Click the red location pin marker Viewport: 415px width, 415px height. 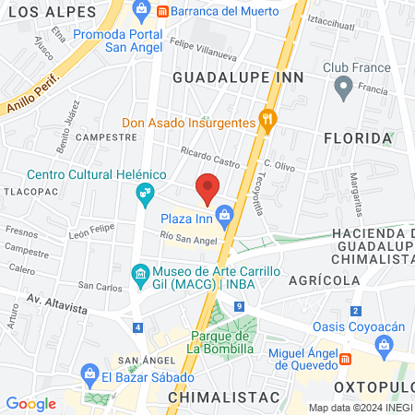pyautogui.click(x=207, y=187)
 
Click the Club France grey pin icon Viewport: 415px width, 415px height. pyautogui.click(x=343, y=88)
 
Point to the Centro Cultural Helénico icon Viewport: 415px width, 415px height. pyautogui.click(x=144, y=193)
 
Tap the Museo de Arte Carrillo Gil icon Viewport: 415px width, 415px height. pyautogui.click(x=140, y=274)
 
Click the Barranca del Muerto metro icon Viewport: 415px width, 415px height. pyautogui.click(x=163, y=11)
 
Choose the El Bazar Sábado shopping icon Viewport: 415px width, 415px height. pyautogui.click(x=89, y=376)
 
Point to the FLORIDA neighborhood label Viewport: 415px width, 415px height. pyautogui.click(x=358, y=138)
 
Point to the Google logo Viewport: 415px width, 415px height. pyautogui.click(x=30, y=403)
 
